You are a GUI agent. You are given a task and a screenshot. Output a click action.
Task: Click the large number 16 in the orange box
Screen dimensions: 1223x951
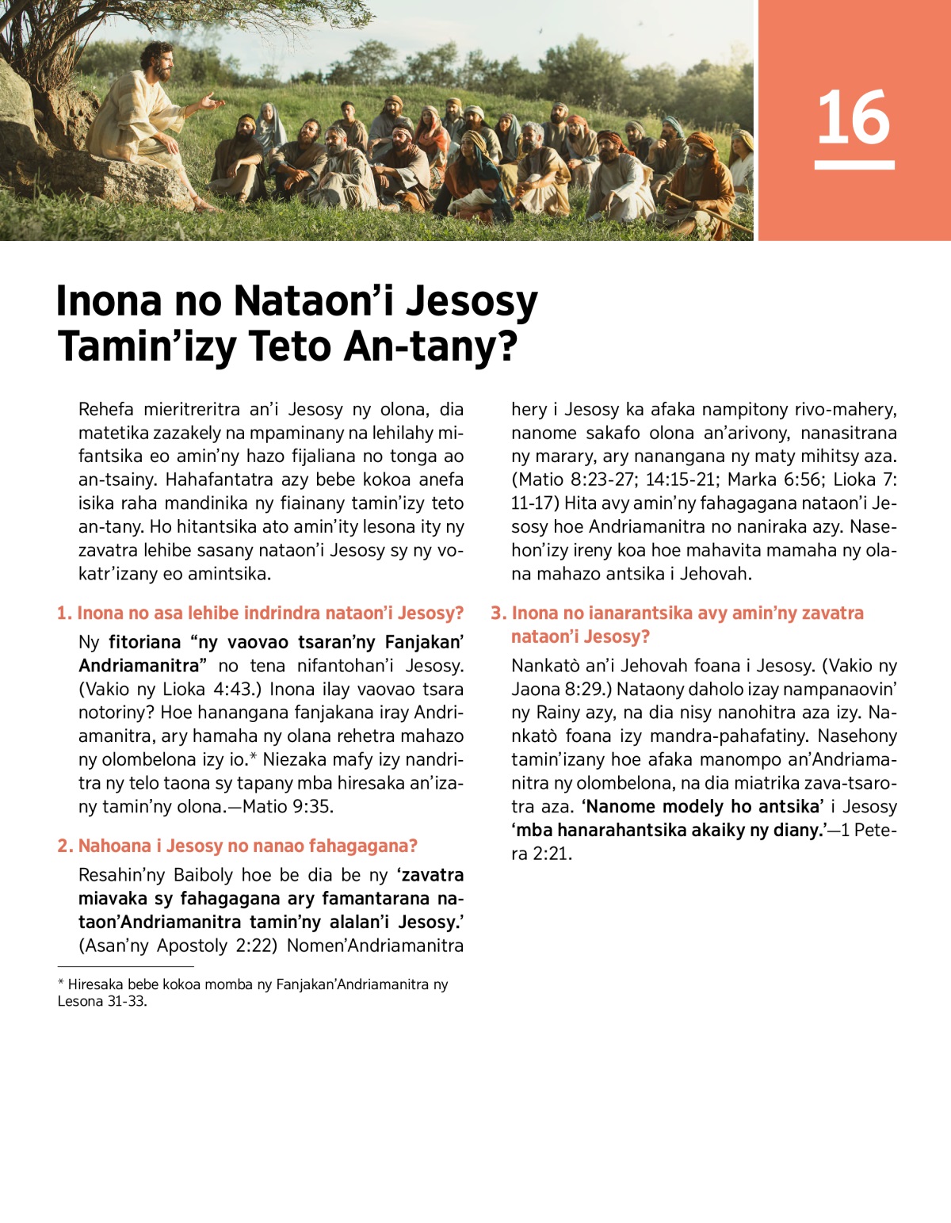(x=854, y=118)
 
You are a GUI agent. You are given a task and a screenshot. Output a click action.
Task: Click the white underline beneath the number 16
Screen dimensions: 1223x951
(x=854, y=165)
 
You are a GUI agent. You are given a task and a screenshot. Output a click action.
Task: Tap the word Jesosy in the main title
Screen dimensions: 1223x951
(x=472, y=301)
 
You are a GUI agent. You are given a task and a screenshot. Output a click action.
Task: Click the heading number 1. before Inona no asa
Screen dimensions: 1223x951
(x=64, y=613)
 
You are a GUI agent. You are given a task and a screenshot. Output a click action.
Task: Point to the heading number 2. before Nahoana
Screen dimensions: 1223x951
(x=65, y=846)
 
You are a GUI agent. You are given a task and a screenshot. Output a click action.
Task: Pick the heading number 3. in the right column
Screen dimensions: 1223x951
(x=498, y=613)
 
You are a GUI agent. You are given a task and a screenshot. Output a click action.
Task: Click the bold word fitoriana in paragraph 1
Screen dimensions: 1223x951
(x=144, y=642)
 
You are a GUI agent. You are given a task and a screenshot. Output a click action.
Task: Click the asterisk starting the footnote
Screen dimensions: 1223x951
(x=60, y=983)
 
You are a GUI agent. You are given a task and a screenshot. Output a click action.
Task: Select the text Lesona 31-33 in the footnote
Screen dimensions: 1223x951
(x=101, y=1001)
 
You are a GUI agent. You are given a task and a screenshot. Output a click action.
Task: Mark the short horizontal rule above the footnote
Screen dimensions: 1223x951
(x=125, y=966)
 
